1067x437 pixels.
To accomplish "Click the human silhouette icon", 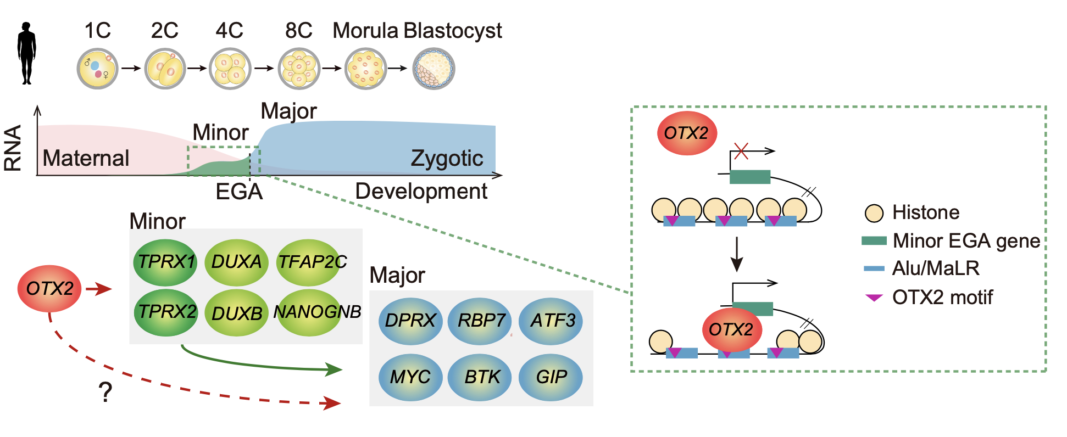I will (26, 53).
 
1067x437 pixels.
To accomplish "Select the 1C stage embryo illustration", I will (98, 69).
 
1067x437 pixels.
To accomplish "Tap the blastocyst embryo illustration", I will (434, 69).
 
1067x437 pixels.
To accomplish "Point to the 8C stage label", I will (298, 31).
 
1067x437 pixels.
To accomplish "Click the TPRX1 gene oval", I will (165, 262).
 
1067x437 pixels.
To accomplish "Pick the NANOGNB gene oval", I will (316, 312).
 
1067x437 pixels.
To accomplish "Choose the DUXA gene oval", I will (236, 262).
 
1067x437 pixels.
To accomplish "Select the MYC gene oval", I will (410, 377).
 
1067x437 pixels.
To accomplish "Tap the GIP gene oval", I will (551, 377).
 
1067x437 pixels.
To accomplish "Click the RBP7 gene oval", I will (480, 320).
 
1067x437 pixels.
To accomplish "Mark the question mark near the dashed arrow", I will (105, 393).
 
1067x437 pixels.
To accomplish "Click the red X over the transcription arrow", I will (741, 151).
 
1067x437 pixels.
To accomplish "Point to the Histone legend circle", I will (874, 213).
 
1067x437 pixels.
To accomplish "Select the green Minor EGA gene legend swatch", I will (874, 240).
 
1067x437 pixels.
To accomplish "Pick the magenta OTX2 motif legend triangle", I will (874, 298).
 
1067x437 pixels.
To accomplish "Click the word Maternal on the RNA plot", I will (86, 158).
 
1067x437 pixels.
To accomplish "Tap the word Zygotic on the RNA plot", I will (447, 159).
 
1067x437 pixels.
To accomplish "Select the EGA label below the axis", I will (239, 192).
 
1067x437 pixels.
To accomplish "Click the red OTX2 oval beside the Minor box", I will (49, 288).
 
